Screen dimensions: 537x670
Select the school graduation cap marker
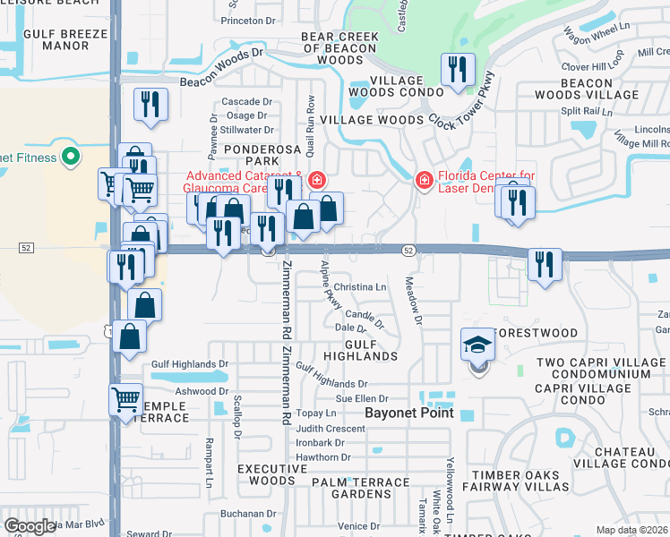point(477,345)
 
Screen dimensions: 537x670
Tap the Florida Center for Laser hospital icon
point(424,181)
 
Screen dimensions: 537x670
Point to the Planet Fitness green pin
point(70,158)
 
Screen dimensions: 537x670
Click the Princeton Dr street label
point(248,20)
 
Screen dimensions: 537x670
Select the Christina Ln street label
point(360,287)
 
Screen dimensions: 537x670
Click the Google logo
point(30,526)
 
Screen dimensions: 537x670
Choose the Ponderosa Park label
point(259,155)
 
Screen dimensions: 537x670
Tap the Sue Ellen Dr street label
point(364,397)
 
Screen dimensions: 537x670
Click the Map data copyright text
point(631,530)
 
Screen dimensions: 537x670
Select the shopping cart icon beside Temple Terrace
point(125,398)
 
